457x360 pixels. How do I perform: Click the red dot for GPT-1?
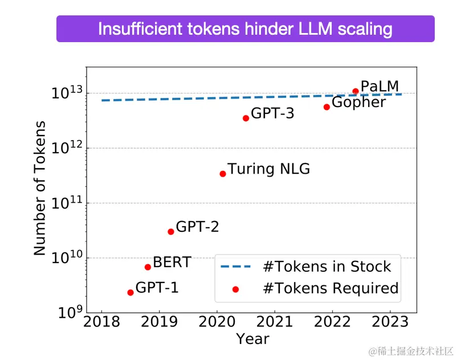pyautogui.click(x=130, y=292)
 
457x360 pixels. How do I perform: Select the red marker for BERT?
pyautogui.click(x=148, y=267)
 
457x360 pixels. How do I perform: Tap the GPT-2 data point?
pyautogui.click(x=171, y=231)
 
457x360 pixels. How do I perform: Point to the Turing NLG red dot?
pyautogui.click(x=223, y=174)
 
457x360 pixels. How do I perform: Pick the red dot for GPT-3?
pyautogui.click(x=246, y=118)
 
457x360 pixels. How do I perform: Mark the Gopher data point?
pyautogui.click(x=327, y=107)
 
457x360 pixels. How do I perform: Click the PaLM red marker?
pyautogui.click(x=356, y=91)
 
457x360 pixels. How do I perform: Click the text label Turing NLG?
pyautogui.click(x=269, y=169)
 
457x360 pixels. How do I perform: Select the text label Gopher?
pyautogui.click(x=358, y=103)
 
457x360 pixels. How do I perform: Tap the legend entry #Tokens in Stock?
pyautogui.click(x=327, y=267)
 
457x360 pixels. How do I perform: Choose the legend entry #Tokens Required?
pyautogui.click(x=330, y=288)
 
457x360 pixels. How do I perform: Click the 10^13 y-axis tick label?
pyautogui.click(x=68, y=93)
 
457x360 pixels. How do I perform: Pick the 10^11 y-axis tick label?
pyautogui.click(x=68, y=203)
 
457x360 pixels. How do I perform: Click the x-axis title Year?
pyautogui.click(x=252, y=339)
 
